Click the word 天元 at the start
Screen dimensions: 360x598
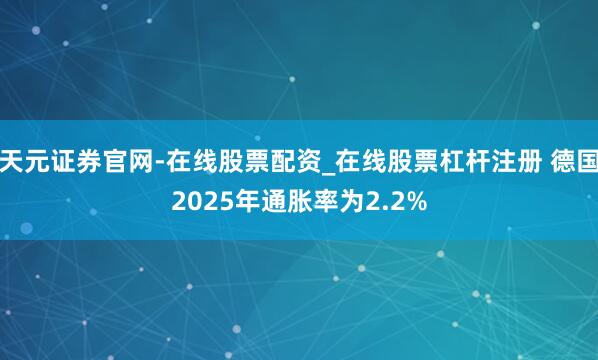point(22,156)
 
